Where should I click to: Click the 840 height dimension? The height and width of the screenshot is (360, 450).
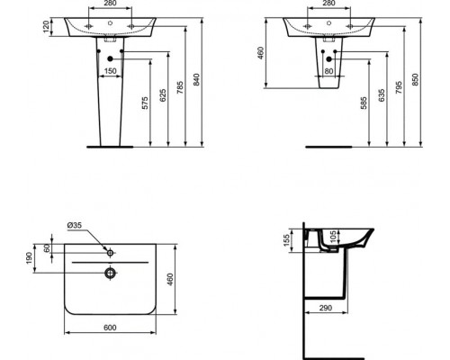pos(199,80)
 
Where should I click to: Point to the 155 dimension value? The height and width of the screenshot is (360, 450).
pos(286,240)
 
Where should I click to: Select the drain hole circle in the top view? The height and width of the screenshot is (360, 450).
pos(109,271)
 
